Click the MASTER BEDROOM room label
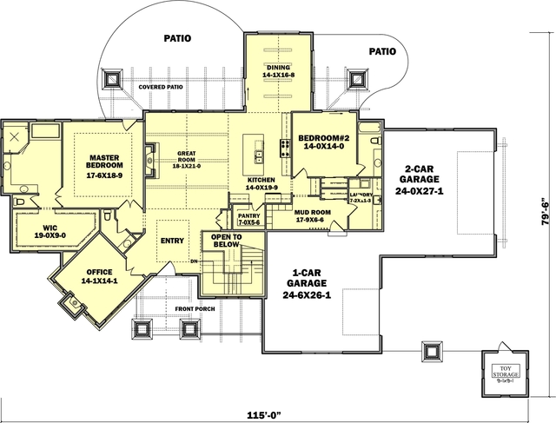pyautogui.click(x=103, y=166)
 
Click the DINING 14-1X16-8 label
pyautogui.click(x=280, y=71)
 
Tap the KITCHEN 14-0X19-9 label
pyautogui.click(x=261, y=183)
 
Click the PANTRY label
pyautogui.click(x=248, y=220)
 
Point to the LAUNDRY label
pyautogui.click(x=361, y=197)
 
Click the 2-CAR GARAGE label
pyautogui.click(x=425, y=181)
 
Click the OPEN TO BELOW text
pyautogui.click(x=222, y=241)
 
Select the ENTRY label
pyautogui.click(x=172, y=241)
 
